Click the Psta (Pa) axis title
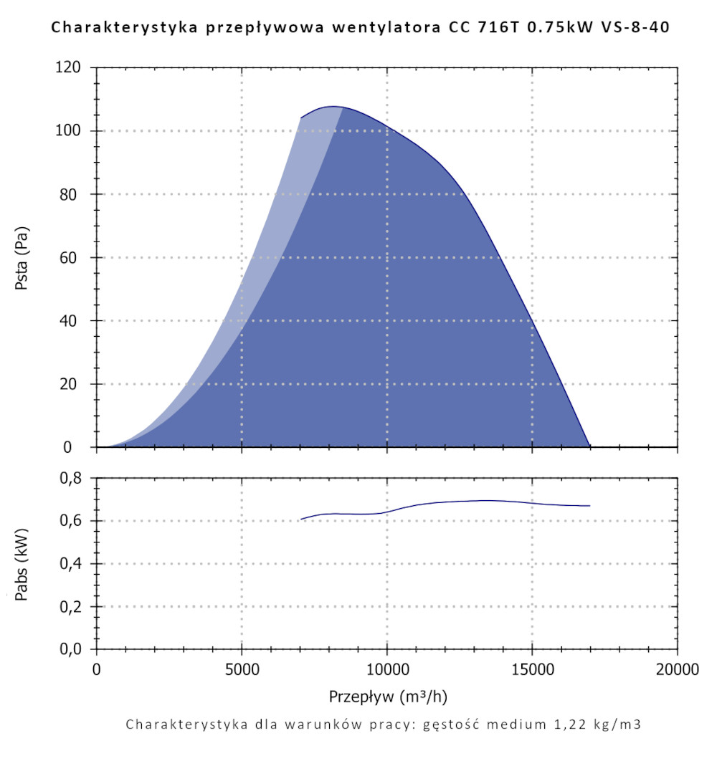pyautogui.click(x=22, y=257)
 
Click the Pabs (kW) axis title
pyautogui.click(x=22, y=563)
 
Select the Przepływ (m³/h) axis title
pyautogui.click(x=389, y=697)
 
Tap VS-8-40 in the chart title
pyautogui.click(x=638, y=29)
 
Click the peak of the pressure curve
pyautogui.click(x=333, y=106)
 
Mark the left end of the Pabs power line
pyautogui.click(x=301, y=519)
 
